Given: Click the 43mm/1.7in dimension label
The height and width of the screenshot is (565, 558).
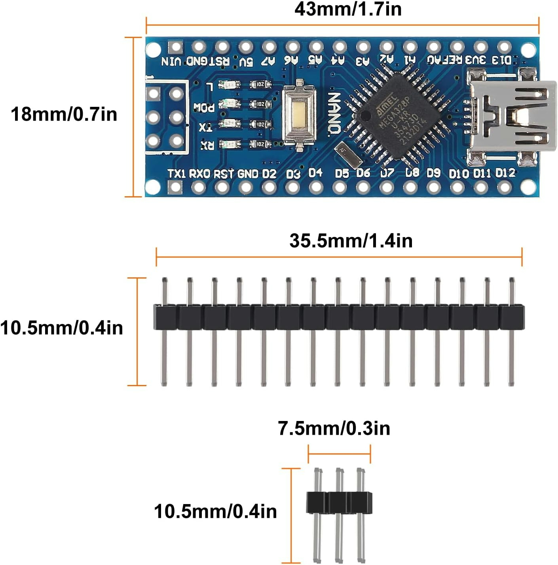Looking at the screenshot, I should point(348,9).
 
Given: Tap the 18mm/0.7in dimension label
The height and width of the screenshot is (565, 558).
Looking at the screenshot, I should point(64,114).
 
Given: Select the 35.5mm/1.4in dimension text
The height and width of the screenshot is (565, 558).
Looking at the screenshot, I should point(351,241).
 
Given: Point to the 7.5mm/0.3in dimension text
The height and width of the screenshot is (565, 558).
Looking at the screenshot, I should point(334,428).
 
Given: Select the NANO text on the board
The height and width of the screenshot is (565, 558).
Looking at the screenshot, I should point(334,113).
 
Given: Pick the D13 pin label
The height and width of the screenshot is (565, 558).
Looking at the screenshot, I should point(501,60).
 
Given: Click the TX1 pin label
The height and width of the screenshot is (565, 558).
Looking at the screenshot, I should point(177,174).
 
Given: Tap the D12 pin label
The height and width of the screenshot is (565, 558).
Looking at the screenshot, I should point(505,173).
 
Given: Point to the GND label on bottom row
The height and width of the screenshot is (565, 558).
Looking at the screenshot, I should point(248,174).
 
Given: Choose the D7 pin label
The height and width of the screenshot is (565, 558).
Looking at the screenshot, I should point(387,173).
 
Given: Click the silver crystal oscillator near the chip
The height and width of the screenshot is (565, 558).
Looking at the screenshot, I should point(349,154).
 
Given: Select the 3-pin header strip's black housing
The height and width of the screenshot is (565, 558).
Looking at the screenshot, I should point(339,503).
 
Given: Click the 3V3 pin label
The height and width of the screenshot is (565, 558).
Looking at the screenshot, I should point(475,60).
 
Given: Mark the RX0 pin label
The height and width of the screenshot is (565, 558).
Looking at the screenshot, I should point(199,174).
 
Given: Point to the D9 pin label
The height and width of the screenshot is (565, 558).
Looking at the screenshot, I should point(433,173).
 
